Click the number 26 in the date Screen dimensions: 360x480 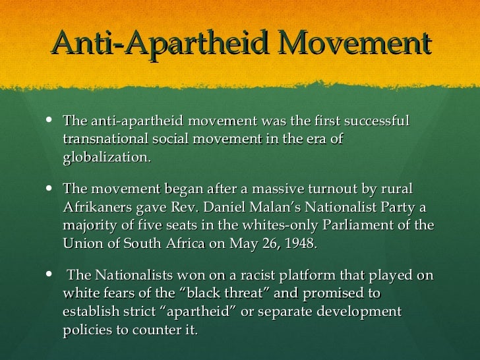click(x=261, y=243)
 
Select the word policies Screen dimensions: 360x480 click(x=88, y=328)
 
